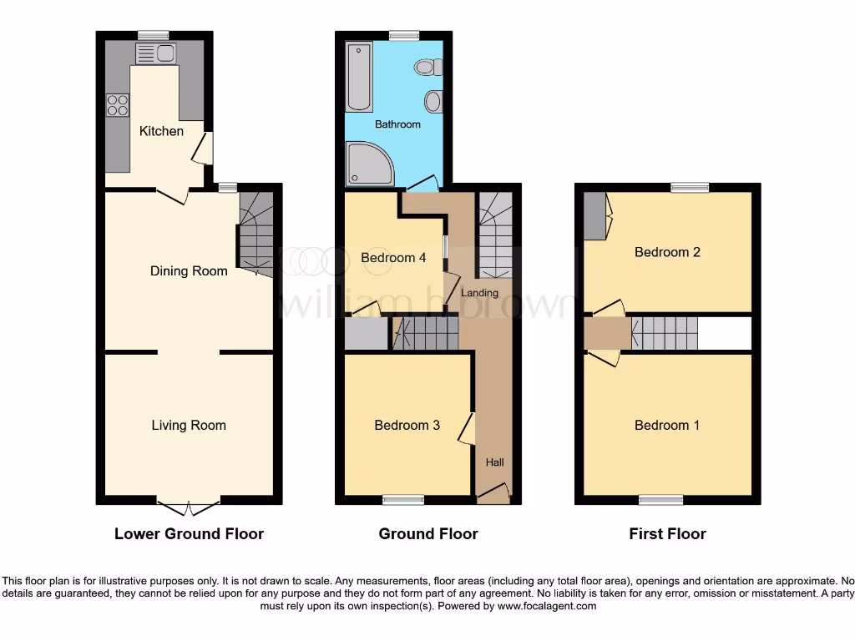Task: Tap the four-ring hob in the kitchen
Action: click(118, 105)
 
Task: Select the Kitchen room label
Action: click(161, 131)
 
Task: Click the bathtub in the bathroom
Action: click(360, 78)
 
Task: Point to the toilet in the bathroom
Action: click(428, 67)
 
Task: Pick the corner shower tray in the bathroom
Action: click(369, 164)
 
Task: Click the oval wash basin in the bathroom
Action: click(433, 102)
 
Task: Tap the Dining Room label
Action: click(189, 271)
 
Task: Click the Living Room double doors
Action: click(189, 507)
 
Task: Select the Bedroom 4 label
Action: click(393, 258)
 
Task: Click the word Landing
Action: click(479, 293)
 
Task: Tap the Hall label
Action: click(495, 462)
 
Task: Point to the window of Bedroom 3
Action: click(403, 500)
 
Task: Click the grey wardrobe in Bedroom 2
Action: click(594, 215)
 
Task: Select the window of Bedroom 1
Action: click(661, 500)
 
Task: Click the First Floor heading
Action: click(667, 534)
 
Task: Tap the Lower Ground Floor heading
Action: click(189, 534)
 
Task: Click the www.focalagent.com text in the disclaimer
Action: click(547, 606)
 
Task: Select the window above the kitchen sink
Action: click(154, 35)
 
